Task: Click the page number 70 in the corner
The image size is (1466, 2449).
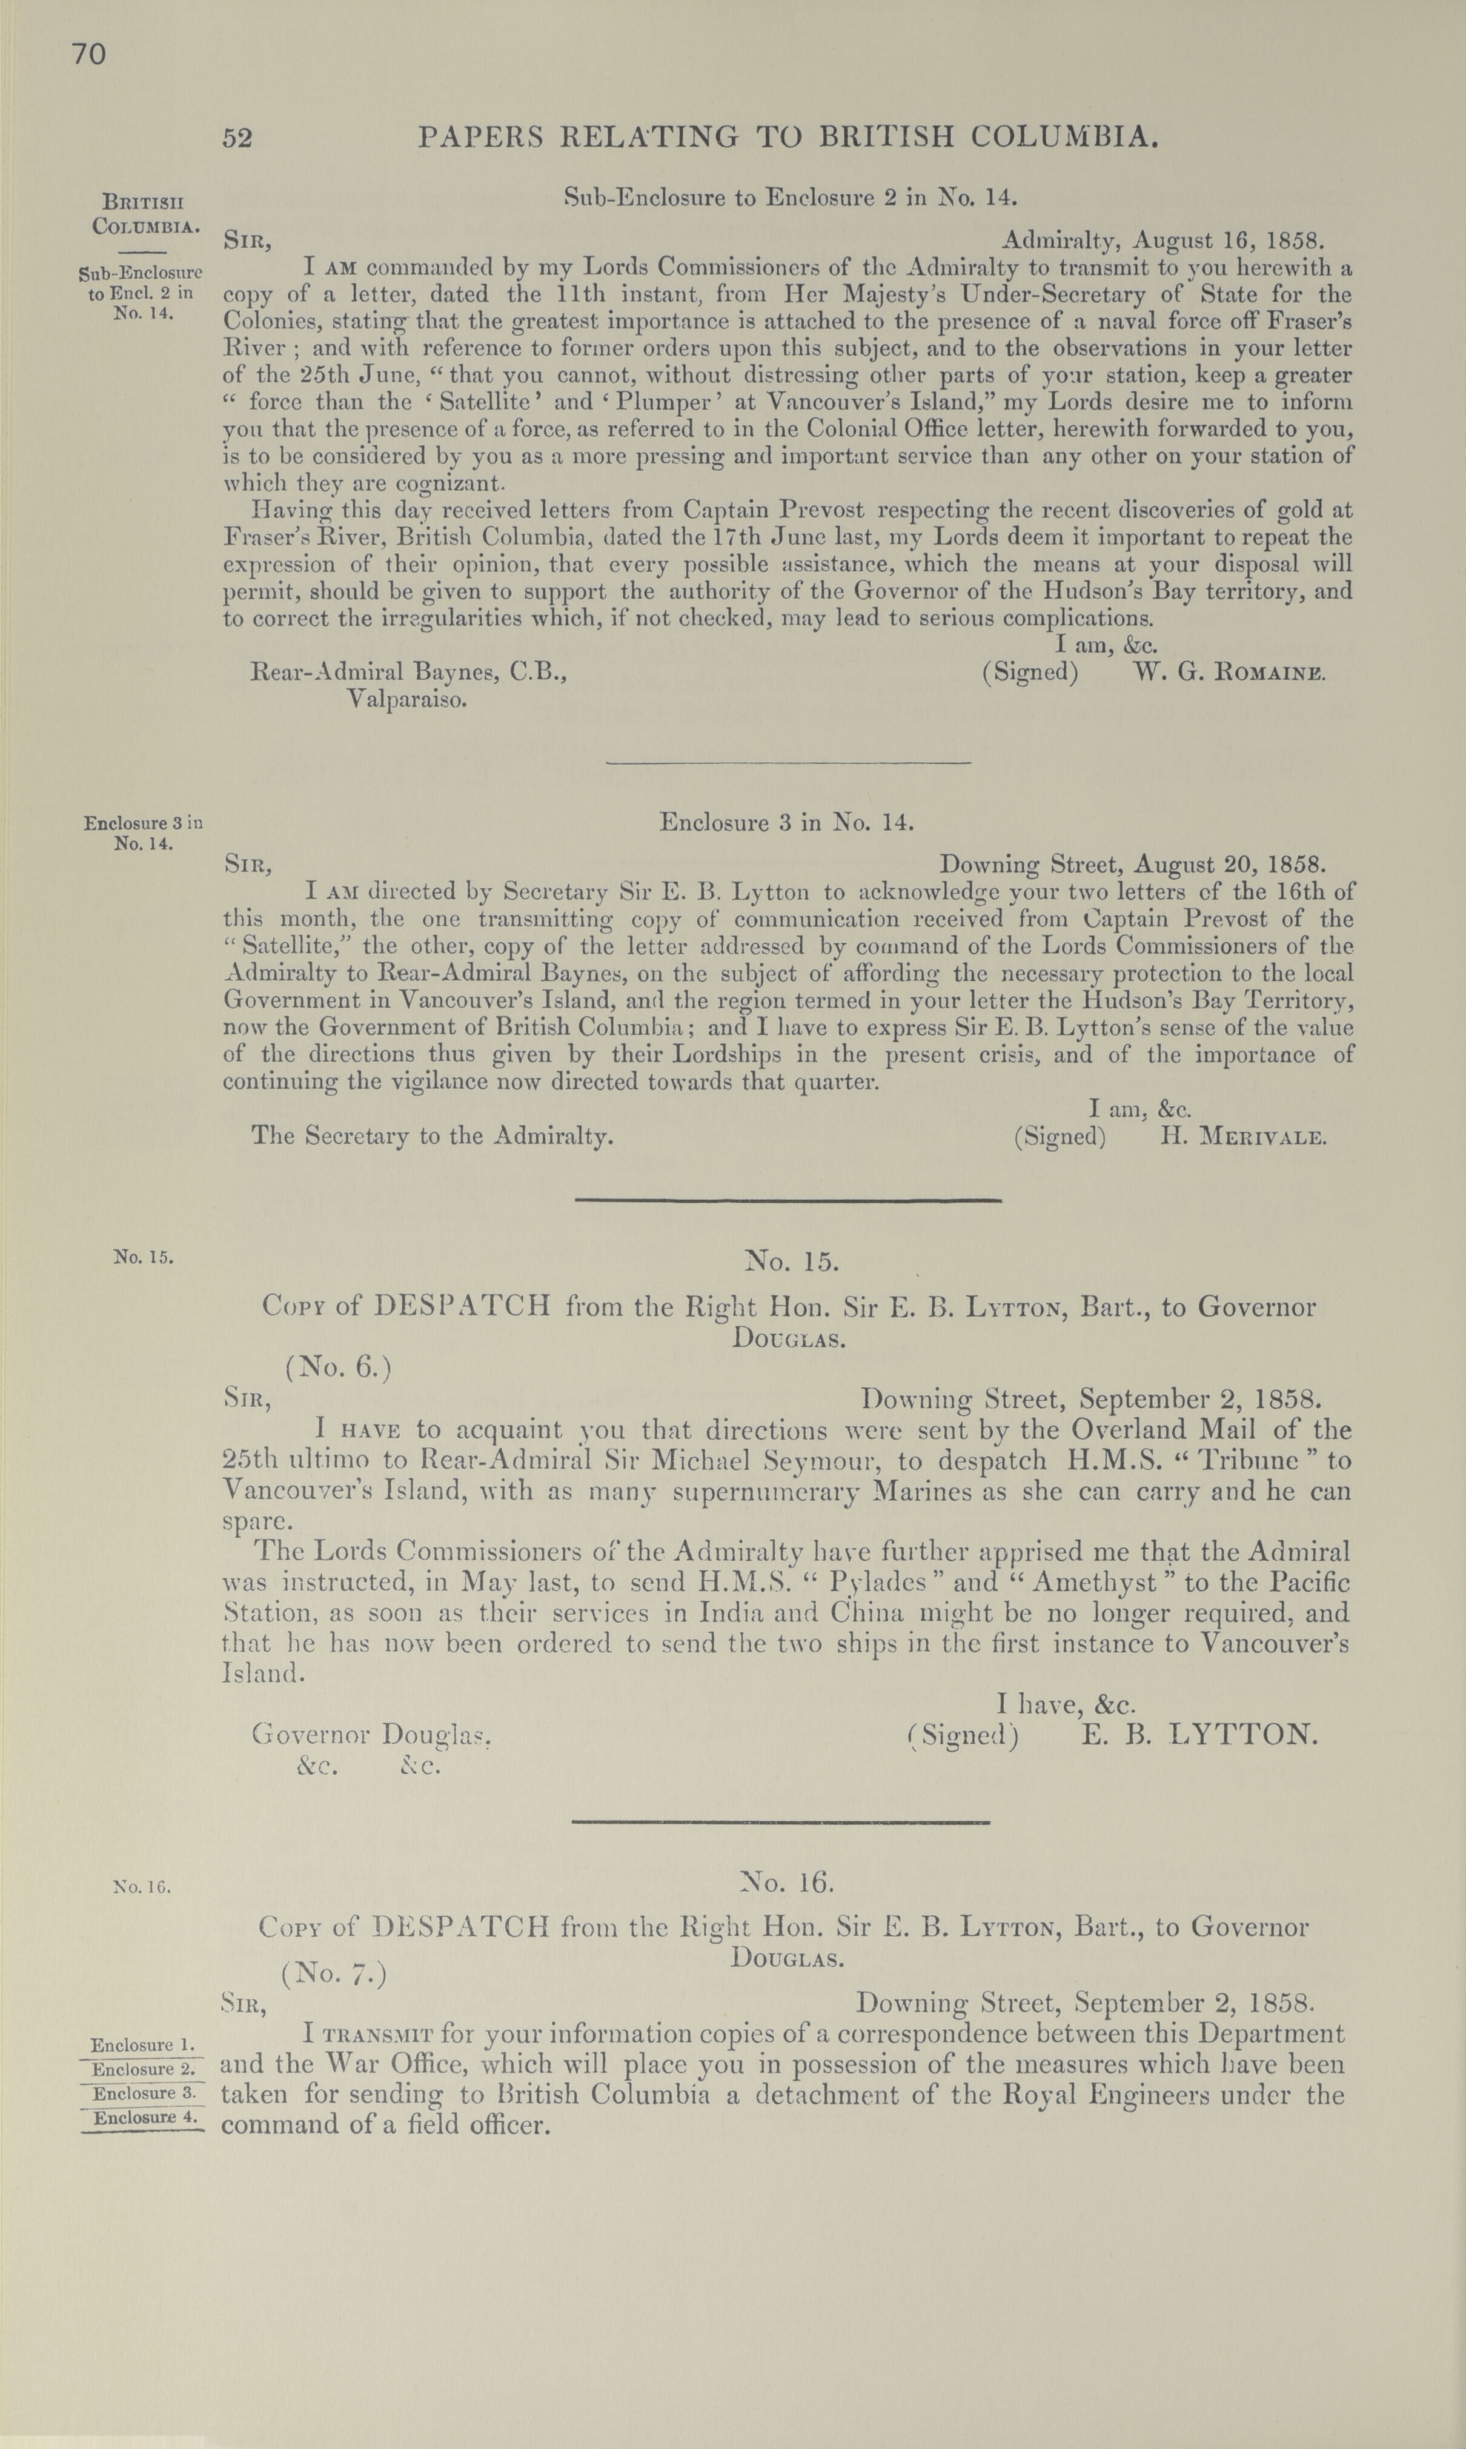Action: (x=88, y=55)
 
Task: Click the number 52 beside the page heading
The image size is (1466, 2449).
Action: (x=237, y=138)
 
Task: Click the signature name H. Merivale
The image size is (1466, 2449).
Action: (x=1242, y=1136)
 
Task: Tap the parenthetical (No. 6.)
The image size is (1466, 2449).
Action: (x=339, y=1368)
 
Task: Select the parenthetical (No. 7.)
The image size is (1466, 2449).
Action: (x=334, y=1973)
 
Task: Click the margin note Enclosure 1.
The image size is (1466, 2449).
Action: (x=143, y=2045)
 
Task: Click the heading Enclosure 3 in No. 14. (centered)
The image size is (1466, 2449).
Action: (x=788, y=822)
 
